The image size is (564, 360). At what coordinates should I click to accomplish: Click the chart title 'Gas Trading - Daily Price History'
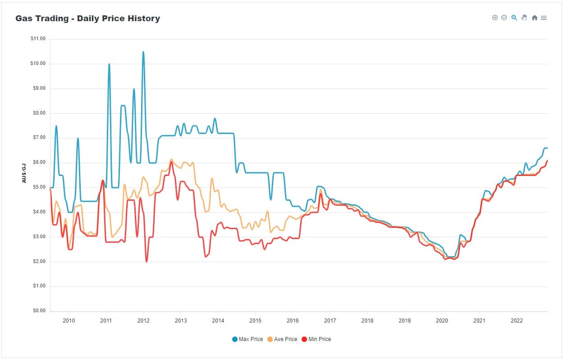click(87, 18)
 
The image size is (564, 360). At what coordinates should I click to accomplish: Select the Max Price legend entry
click(248, 339)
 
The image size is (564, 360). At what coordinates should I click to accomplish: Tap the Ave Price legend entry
click(283, 339)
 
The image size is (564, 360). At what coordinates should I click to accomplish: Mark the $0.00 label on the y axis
click(39, 311)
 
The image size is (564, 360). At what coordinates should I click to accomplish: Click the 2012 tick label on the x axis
click(143, 320)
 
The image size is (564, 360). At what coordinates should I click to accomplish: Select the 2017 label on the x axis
click(330, 320)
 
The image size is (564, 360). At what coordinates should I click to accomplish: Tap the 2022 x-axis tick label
click(516, 320)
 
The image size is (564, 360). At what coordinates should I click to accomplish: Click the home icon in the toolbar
click(534, 18)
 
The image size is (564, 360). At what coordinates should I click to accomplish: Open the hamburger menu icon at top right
click(544, 18)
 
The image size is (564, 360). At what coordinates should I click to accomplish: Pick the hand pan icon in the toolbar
click(524, 18)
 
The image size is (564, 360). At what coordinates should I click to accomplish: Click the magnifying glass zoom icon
click(514, 18)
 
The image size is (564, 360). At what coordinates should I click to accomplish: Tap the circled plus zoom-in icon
click(495, 18)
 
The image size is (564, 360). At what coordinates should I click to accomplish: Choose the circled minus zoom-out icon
click(504, 18)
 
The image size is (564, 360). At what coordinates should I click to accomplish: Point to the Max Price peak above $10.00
click(143, 52)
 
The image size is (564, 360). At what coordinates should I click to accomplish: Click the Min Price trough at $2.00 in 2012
click(147, 261)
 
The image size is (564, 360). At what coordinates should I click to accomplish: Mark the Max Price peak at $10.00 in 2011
click(109, 64)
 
